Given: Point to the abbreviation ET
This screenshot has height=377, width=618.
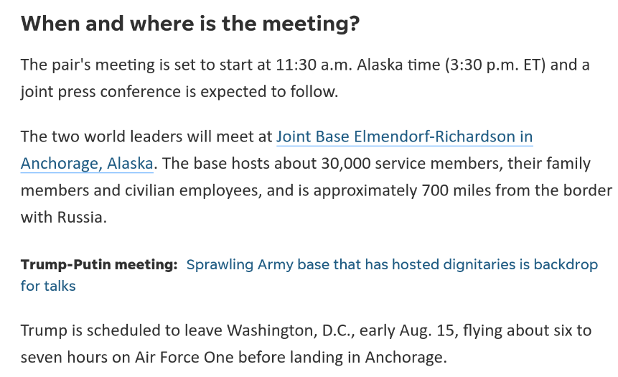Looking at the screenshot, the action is (532, 65).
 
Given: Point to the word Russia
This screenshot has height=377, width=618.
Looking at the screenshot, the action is (82, 218).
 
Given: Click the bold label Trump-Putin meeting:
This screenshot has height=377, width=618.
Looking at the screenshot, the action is (99, 264).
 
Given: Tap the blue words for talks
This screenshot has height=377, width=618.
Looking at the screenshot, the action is (48, 286).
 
